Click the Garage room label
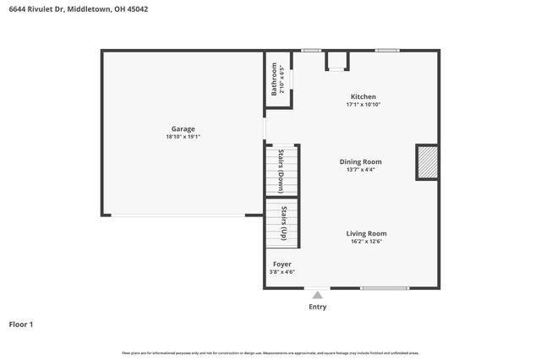point(183,128)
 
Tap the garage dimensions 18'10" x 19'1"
point(183,136)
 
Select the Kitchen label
point(363,96)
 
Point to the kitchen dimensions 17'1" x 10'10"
point(363,104)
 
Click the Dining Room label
point(361,161)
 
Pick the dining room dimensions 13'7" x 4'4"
point(361,169)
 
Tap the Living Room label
point(366,233)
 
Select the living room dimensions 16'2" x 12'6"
point(366,241)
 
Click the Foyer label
point(281,264)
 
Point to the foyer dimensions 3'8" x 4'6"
point(281,271)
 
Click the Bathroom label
point(274,78)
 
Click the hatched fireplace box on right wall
point(427,162)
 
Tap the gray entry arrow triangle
point(317,295)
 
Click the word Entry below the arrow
point(317,307)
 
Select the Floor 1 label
point(21,324)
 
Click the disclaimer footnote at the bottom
point(270,352)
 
